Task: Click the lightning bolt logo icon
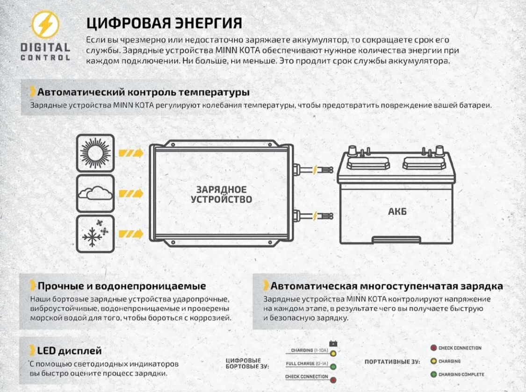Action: point(45,24)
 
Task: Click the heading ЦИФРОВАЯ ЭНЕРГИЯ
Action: point(164,23)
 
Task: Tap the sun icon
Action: point(95,153)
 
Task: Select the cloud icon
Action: point(95,193)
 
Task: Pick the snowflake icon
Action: point(95,234)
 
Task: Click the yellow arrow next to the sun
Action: point(131,154)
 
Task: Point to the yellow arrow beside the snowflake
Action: point(131,234)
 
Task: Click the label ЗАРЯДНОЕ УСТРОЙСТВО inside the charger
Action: point(222,194)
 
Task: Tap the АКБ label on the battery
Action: point(397,212)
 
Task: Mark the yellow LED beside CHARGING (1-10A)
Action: point(333,353)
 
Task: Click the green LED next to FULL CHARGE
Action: point(333,367)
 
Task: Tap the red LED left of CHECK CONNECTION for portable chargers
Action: point(433,348)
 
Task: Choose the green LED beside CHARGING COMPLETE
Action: point(433,374)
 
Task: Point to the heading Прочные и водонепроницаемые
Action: point(122,286)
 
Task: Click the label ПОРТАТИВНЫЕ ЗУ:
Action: point(392,362)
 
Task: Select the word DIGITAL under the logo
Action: point(45,47)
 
